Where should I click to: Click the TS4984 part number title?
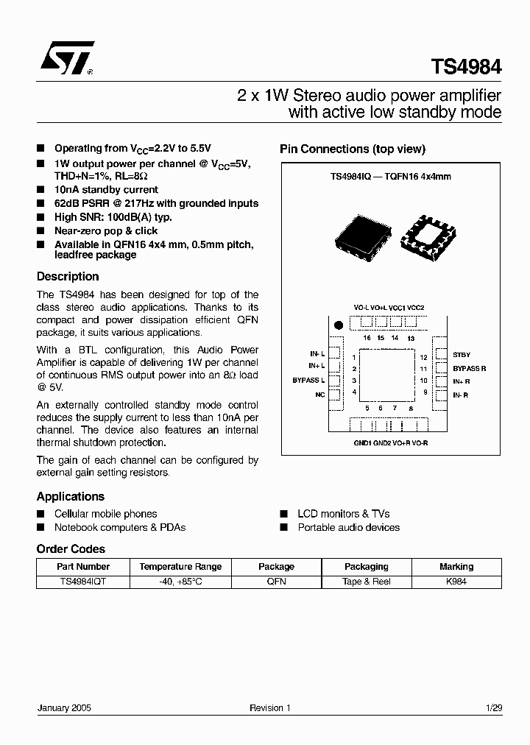(467, 66)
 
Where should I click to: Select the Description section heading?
(68, 277)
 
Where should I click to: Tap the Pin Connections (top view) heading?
(353, 149)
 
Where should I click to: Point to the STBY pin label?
(462, 355)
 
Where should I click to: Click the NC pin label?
(319, 395)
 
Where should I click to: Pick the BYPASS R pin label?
(469, 368)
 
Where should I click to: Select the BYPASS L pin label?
(308, 381)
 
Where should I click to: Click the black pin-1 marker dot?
(339, 325)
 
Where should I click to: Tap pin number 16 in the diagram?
(367, 338)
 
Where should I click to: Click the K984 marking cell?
(456, 582)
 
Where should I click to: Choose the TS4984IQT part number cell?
(82, 582)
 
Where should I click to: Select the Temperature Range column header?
(180, 567)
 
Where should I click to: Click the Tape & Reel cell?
(367, 582)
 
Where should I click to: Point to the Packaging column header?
(367, 567)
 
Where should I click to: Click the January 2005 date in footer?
(64, 708)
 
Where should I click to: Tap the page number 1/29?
(495, 708)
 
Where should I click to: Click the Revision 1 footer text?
(270, 708)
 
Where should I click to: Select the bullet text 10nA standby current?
(106, 190)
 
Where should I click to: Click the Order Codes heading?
(71, 549)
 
